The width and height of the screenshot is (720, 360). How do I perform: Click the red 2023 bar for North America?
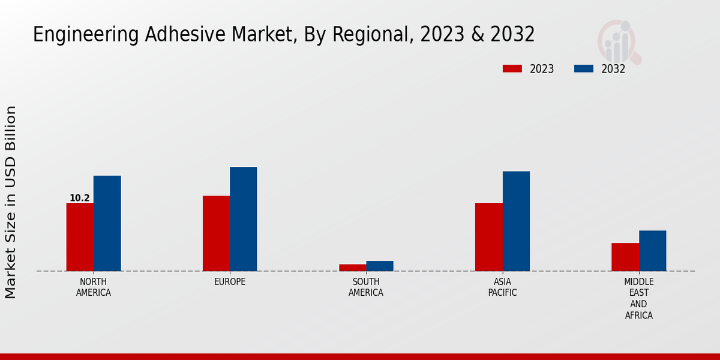(x=80, y=237)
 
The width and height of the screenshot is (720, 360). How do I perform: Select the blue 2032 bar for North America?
(x=107, y=223)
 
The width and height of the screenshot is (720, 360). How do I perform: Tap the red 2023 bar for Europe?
(x=216, y=233)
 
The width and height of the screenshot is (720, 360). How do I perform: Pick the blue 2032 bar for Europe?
(x=243, y=219)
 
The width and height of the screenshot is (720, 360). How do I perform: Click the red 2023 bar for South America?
(x=352, y=268)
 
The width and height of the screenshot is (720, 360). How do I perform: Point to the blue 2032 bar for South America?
(x=380, y=266)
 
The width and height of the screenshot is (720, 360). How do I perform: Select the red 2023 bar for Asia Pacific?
(x=488, y=237)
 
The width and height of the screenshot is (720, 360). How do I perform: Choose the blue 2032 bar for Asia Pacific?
(x=516, y=221)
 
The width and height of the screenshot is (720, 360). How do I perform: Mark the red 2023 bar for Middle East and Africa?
(x=625, y=257)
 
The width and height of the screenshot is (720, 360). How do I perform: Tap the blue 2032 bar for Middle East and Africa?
(x=652, y=251)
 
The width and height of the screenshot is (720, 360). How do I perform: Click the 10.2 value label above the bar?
(x=80, y=198)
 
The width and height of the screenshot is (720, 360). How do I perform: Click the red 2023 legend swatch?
(x=512, y=69)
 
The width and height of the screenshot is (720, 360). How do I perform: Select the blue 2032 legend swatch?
(x=583, y=69)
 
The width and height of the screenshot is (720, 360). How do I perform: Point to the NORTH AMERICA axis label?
(x=94, y=287)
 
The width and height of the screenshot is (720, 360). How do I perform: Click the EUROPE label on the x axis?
(x=230, y=282)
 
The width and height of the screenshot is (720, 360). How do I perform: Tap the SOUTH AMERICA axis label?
(x=366, y=287)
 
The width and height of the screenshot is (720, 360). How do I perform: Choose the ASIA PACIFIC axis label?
(x=502, y=287)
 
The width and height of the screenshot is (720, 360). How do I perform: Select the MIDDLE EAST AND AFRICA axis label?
(x=638, y=299)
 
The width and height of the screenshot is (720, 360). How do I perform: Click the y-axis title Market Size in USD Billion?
(x=11, y=202)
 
